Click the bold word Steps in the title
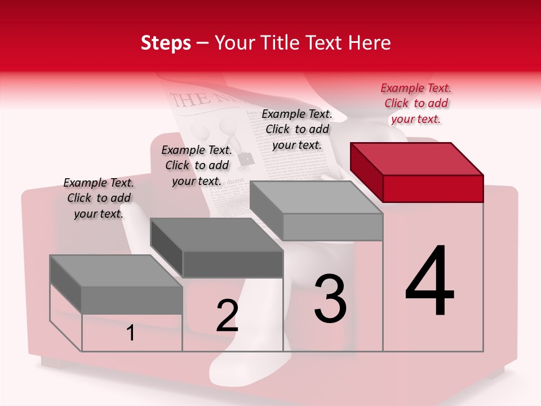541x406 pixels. click(166, 43)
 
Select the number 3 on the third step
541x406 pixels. click(330, 299)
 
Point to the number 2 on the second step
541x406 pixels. click(227, 316)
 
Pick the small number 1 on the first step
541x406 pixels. click(131, 333)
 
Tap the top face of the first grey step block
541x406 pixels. click(116, 271)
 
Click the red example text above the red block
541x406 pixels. click(416, 103)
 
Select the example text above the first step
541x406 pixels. click(99, 198)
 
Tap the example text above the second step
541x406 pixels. click(197, 165)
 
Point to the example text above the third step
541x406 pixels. click(297, 129)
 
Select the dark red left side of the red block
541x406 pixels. click(366, 172)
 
